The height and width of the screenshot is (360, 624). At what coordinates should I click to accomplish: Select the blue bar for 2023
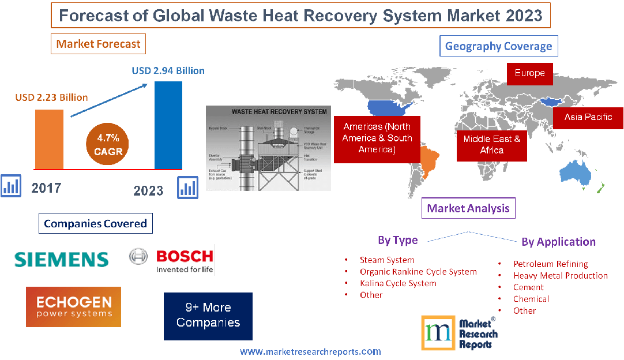(168, 125)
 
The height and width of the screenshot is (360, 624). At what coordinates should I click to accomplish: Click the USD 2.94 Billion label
(168, 70)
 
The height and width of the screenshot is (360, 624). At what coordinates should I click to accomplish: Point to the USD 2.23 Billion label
(52, 97)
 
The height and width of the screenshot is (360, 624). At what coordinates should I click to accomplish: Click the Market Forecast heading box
(98, 44)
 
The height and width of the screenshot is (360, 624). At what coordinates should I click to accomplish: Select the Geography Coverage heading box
(498, 46)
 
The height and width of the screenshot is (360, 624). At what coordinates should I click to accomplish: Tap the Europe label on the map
(529, 73)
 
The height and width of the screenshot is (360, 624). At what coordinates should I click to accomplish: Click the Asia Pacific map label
(588, 117)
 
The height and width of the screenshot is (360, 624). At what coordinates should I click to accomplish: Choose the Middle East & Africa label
(491, 144)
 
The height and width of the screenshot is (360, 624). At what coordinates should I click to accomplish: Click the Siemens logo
(61, 259)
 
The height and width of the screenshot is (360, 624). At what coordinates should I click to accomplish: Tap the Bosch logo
(171, 260)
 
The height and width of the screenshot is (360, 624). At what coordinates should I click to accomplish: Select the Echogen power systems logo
(73, 306)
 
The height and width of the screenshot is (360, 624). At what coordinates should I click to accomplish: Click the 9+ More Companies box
(208, 316)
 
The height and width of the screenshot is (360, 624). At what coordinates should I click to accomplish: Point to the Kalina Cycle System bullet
(397, 283)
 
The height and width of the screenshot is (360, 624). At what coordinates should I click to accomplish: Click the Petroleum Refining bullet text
(550, 264)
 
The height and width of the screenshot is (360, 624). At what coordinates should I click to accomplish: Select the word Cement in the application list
(528, 287)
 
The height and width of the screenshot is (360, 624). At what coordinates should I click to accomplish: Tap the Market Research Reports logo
(459, 332)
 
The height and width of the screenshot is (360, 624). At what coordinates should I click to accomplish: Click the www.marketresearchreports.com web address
(310, 351)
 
